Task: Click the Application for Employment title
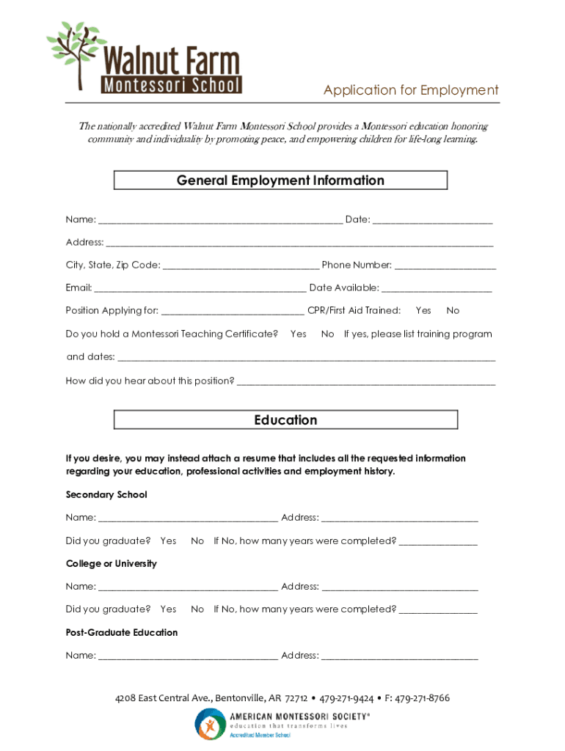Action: coord(411,90)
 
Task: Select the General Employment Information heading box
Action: coord(280,180)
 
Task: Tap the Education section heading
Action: coord(285,420)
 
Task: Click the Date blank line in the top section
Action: coord(433,220)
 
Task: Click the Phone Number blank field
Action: coord(445,265)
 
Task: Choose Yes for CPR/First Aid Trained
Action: coord(423,311)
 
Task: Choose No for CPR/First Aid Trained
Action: coord(453,311)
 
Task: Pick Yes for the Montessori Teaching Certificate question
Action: coord(298,334)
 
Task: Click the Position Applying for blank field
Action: coord(233,311)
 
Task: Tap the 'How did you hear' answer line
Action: coord(366,381)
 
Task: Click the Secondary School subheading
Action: coord(106,495)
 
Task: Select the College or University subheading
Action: coord(112,564)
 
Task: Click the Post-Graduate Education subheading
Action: coord(122,633)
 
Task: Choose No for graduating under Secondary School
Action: coord(197,541)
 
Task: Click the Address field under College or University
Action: coord(400,587)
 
